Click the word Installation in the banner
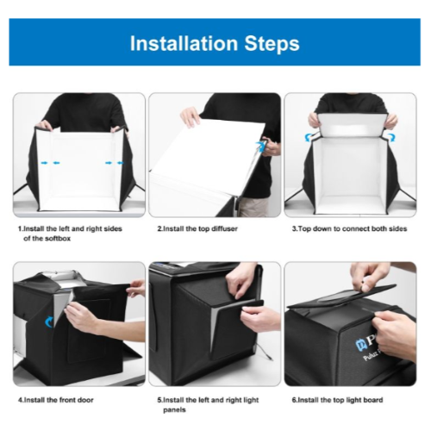[184, 43]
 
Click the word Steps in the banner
[272, 44]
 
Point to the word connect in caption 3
[354, 229]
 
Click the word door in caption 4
[85, 400]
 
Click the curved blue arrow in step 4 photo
[49, 322]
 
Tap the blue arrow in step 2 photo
[260, 146]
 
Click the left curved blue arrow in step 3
[309, 137]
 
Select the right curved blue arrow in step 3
[391, 137]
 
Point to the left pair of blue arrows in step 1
[50, 163]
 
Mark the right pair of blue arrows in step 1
[115, 163]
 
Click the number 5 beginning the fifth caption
[159, 400]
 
